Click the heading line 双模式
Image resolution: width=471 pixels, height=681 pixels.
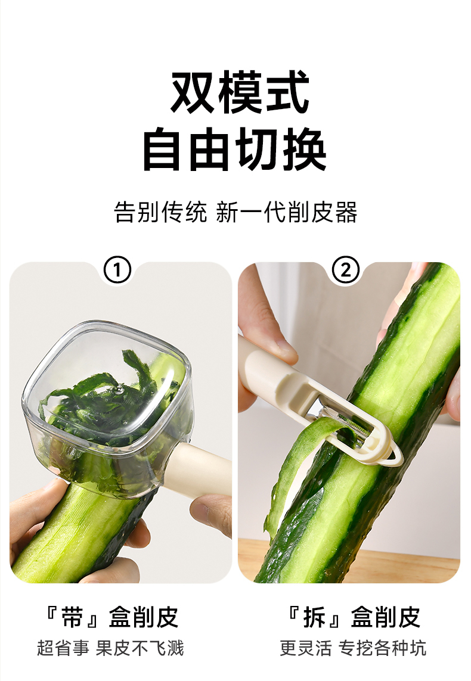[x=240, y=92]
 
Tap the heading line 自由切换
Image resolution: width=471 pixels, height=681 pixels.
[x=235, y=150]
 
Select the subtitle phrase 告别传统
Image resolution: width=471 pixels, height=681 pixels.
[x=160, y=212]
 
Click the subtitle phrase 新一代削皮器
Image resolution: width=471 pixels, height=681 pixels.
[x=287, y=212]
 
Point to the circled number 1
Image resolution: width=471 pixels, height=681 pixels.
[x=117, y=270]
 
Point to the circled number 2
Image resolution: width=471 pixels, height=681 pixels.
[x=345, y=270]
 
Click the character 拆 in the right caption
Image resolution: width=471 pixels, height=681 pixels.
[x=315, y=617]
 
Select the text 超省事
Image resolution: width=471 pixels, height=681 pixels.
[x=63, y=648]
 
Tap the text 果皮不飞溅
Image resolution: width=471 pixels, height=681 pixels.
[x=140, y=648]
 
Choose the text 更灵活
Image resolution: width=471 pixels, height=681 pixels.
[x=305, y=648]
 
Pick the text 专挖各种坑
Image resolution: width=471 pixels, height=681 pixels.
[x=382, y=648]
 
